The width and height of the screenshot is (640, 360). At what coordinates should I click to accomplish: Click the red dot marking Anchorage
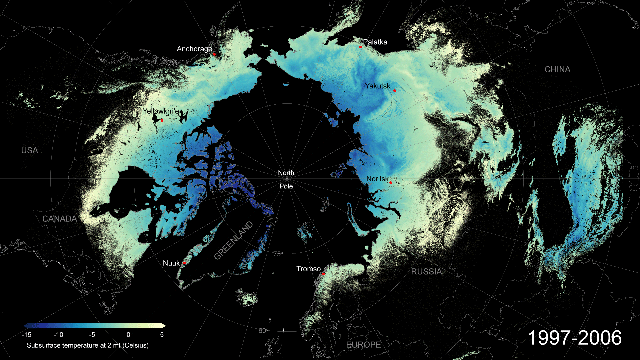pyautogui.click(x=214, y=54)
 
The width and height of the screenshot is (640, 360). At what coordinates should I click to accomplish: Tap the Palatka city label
pyautogui.click(x=375, y=42)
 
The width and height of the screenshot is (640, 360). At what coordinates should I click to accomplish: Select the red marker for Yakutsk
pyautogui.click(x=395, y=91)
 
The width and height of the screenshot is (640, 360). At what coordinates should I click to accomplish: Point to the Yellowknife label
pyautogui.click(x=161, y=111)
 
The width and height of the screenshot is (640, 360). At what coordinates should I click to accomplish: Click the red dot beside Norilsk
pyautogui.click(x=390, y=183)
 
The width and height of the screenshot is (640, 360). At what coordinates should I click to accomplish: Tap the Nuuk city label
pyautogui.click(x=171, y=263)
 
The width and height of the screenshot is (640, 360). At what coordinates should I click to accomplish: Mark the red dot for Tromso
pyautogui.click(x=323, y=274)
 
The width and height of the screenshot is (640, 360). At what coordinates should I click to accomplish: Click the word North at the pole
pyautogui.click(x=286, y=173)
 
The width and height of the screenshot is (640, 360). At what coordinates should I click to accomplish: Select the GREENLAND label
pyautogui.click(x=233, y=241)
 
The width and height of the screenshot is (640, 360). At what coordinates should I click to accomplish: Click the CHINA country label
pyautogui.click(x=557, y=70)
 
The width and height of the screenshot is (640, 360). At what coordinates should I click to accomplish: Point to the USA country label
pyautogui.click(x=30, y=151)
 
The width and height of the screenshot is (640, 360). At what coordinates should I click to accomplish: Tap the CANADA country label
pyautogui.click(x=60, y=219)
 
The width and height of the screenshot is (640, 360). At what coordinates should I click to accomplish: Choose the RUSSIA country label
pyautogui.click(x=426, y=272)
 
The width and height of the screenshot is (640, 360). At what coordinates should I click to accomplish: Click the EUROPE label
pyautogui.click(x=363, y=345)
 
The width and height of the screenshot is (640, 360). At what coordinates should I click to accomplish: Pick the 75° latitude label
pyautogui.click(x=278, y=254)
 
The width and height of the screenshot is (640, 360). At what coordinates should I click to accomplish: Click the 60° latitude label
pyautogui.click(x=263, y=331)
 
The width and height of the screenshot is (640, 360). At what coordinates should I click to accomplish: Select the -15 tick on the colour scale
pyautogui.click(x=26, y=335)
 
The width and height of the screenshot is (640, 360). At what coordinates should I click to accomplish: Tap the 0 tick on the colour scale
pyautogui.click(x=128, y=335)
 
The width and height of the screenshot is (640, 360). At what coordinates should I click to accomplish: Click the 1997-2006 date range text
pyautogui.click(x=575, y=338)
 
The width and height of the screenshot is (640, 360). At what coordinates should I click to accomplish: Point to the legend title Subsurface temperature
pyautogui.click(x=88, y=345)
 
